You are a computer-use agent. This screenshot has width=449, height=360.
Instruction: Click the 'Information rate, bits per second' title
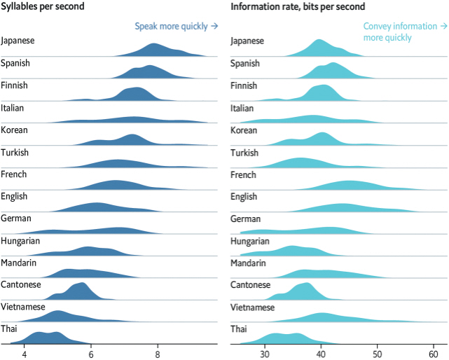[x=298, y=7]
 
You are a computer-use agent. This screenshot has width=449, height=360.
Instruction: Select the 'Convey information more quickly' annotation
[x=405, y=32]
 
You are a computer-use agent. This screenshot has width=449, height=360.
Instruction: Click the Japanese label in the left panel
[x=18, y=41]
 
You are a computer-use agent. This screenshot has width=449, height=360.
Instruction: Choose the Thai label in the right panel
[x=240, y=329]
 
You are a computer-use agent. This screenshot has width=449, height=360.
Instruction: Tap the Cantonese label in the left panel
[x=21, y=284]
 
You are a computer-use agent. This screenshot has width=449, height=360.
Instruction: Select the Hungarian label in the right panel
[x=250, y=241]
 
